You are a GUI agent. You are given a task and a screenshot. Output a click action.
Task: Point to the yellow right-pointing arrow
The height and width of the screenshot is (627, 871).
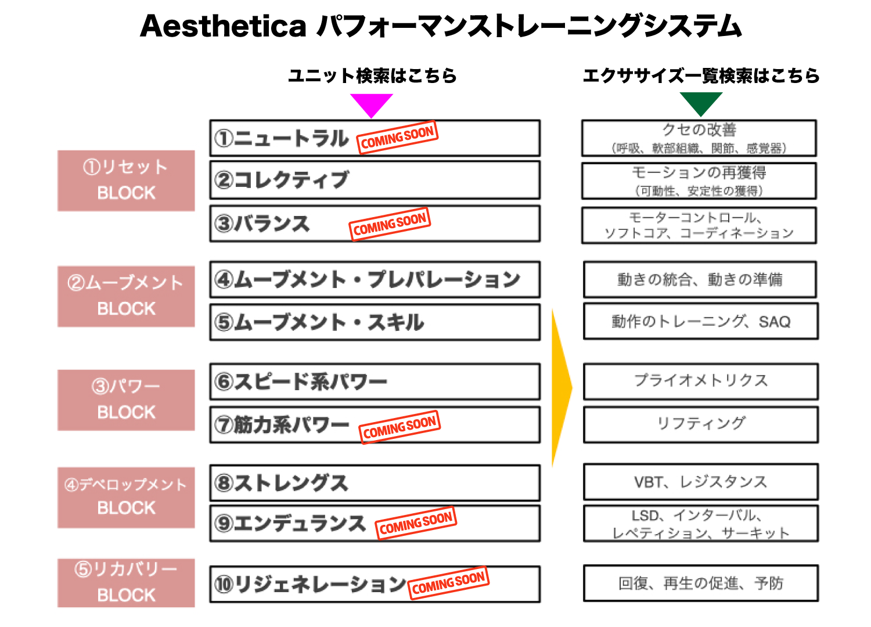[561, 387]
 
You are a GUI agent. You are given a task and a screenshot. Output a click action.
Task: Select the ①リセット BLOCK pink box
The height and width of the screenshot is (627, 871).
[126, 181]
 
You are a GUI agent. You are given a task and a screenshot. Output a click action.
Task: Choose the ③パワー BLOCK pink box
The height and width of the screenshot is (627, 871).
[126, 400]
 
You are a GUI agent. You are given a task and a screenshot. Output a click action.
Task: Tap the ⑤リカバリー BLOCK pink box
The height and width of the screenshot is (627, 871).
[126, 583]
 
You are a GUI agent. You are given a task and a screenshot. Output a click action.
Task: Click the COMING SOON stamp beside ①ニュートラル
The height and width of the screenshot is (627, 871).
[397, 138]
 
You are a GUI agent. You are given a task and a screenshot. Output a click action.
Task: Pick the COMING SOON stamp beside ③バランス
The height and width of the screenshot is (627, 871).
[390, 224]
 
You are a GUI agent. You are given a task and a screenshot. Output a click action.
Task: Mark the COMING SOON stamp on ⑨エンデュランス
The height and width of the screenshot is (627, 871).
[416, 523]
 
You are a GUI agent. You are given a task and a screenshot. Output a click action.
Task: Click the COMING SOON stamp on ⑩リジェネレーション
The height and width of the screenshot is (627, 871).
[448, 583]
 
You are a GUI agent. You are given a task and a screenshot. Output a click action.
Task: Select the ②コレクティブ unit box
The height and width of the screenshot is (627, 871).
[375, 180]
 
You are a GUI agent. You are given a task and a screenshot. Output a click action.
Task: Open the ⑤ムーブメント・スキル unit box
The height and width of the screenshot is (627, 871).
[375, 322]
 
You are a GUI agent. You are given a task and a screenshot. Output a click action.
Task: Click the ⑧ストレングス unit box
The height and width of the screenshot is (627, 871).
[375, 483]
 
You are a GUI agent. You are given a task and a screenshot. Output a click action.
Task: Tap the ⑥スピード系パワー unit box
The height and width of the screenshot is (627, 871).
[375, 381]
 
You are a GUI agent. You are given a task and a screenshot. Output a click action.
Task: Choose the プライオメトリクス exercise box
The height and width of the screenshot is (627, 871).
[701, 381]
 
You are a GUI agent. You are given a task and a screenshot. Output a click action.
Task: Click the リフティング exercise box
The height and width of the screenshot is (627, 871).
[701, 424]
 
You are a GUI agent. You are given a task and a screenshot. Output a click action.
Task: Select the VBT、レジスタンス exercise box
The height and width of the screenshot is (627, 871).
[701, 482]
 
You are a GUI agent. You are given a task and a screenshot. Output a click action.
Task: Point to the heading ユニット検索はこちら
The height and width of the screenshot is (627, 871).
[372, 76]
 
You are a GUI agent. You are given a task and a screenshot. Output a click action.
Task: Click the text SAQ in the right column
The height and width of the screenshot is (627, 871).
[775, 322]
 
